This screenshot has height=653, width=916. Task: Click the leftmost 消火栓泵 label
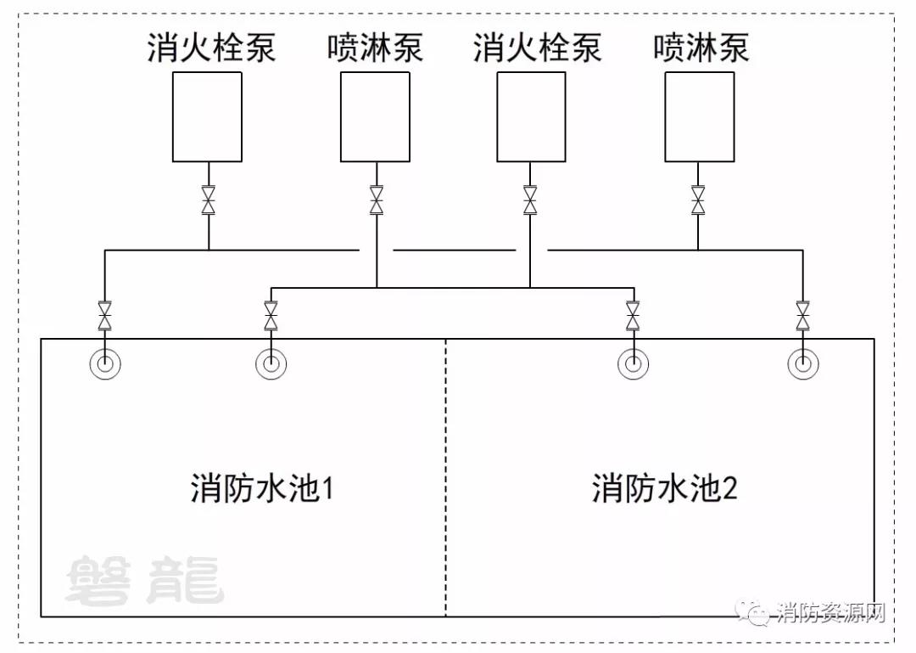coord(211,48)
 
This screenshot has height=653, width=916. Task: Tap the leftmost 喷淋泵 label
coord(375,48)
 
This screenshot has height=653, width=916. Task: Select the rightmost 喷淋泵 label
coord(701,48)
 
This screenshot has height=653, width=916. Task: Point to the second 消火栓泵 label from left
coord(537,48)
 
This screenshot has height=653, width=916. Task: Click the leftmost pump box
coord(207,116)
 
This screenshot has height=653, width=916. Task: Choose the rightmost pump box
coord(699,116)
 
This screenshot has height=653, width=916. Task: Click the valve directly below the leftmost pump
coord(208,200)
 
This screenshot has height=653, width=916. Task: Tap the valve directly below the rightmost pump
coord(698,200)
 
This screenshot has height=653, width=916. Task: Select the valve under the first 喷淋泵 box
coord(377,200)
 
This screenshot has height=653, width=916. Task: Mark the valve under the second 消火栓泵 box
coord(530,200)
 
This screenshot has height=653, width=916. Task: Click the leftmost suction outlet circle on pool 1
coord(104,364)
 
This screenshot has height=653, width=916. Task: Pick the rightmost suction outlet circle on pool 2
coord(802,364)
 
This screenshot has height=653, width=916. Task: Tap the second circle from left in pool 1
coord(271,364)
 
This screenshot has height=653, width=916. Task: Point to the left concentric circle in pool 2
coord(633,364)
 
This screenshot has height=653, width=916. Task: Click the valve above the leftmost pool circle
coord(104,316)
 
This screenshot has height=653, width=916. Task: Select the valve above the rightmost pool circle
coord(802,316)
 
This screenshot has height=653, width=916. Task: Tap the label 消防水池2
coord(665,490)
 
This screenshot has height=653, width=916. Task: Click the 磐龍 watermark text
coord(144,581)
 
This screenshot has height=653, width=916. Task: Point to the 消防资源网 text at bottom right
coord(830,612)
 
